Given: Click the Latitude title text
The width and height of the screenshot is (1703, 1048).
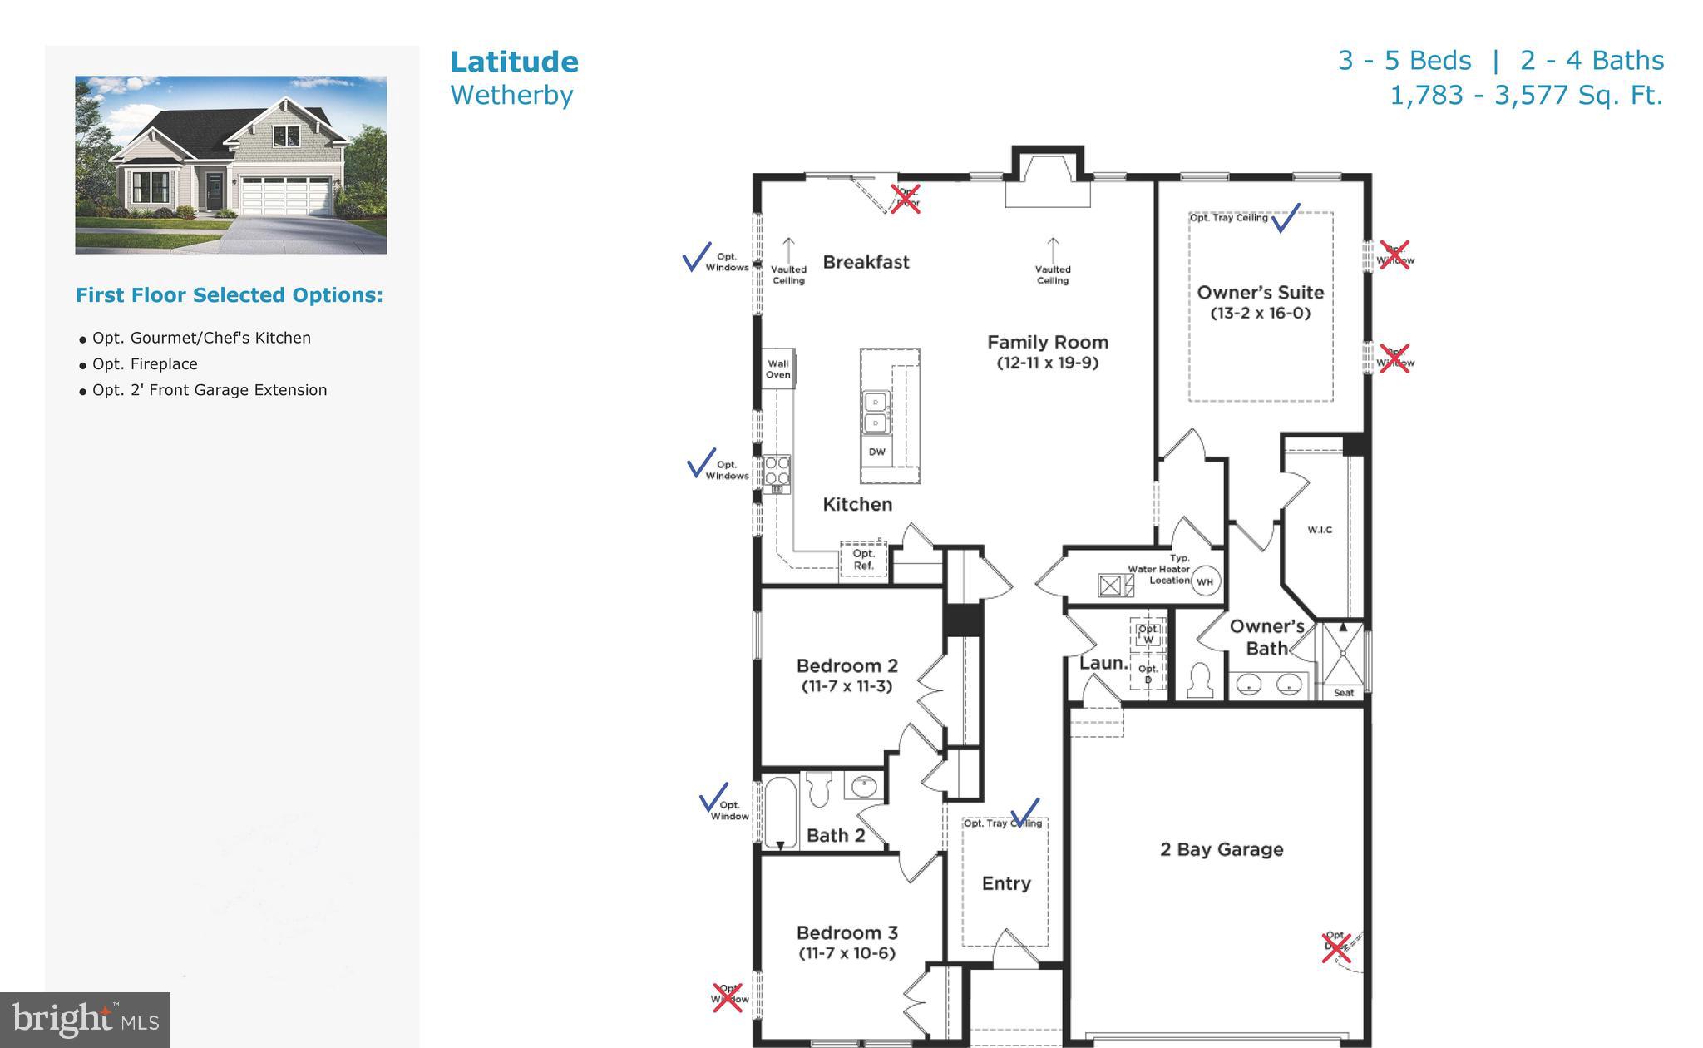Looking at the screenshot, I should tap(514, 62).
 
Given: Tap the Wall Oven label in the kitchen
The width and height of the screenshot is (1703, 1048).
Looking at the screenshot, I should tap(778, 369).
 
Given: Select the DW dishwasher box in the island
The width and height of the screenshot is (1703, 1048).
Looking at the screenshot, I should tap(876, 452).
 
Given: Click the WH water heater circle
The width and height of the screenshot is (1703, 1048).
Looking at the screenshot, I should tap(1204, 581).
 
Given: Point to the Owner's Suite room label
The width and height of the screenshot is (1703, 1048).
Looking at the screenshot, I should tap(1260, 293).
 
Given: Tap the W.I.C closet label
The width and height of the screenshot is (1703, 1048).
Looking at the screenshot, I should tap(1320, 530).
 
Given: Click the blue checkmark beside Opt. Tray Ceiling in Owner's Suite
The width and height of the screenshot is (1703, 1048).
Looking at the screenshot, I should tap(1286, 218).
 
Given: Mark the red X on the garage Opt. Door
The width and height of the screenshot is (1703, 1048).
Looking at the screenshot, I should tap(1336, 947).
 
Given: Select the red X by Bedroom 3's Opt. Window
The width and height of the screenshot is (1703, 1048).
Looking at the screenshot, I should tap(728, 997).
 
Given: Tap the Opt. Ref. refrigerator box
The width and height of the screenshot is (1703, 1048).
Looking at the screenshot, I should tap(863, 560).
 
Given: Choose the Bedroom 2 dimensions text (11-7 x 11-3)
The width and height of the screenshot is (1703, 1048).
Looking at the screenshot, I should tap(847, 687).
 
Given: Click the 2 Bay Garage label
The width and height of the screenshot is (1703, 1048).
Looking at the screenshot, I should tap(1221, 849).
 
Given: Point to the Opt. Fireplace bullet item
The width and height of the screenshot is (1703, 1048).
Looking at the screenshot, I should tap(145, 364).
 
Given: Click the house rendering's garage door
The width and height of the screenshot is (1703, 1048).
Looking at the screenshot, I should tap(284, 196).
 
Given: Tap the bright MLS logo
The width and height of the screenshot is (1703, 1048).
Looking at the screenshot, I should tap(85, 1020).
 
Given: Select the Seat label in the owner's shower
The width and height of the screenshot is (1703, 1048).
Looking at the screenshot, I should tap(1343, 692).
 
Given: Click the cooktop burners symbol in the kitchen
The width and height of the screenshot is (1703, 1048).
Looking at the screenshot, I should tap(777, 472).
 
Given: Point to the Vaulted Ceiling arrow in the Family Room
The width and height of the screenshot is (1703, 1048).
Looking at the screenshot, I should tap(1053, 249).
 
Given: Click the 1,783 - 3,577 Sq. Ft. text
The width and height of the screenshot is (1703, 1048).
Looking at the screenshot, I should tap(1526, 96).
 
